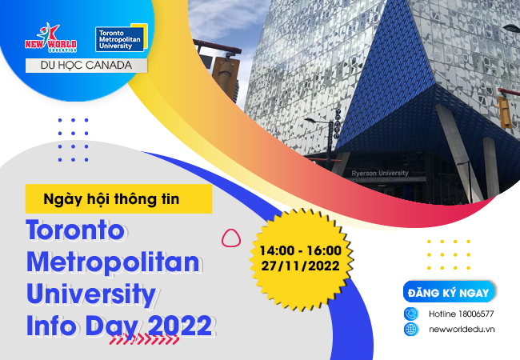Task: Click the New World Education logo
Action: click(x=50, y=38)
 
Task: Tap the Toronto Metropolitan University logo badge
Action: click(x=122, y=38)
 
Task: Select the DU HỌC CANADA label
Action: click(x=86, y=66)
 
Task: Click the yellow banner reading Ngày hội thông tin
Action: click(x=118, y=199)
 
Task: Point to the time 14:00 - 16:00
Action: click(x=301, y=250)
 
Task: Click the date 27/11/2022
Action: click(x=301, y=266)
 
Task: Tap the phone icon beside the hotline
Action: click(x=411, y=314)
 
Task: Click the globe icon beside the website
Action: click(x=411, y=329)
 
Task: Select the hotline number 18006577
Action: click(x=476, y=314)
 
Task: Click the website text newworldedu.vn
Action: click(x=462, y=329)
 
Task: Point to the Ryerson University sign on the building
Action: click(x=380, y=173)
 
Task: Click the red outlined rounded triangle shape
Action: click(x=231, y=238)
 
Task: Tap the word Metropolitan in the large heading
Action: click(x=114, y=263)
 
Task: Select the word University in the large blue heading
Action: click(x=91, y=294)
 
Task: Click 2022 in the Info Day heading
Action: click(x=180, y=326)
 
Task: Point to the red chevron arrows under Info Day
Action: click(x=144, y=339)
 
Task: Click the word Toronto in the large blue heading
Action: click(x=76, y=230)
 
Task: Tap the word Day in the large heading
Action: click(x=111, y=327)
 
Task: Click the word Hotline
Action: click(x=442, y=314)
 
